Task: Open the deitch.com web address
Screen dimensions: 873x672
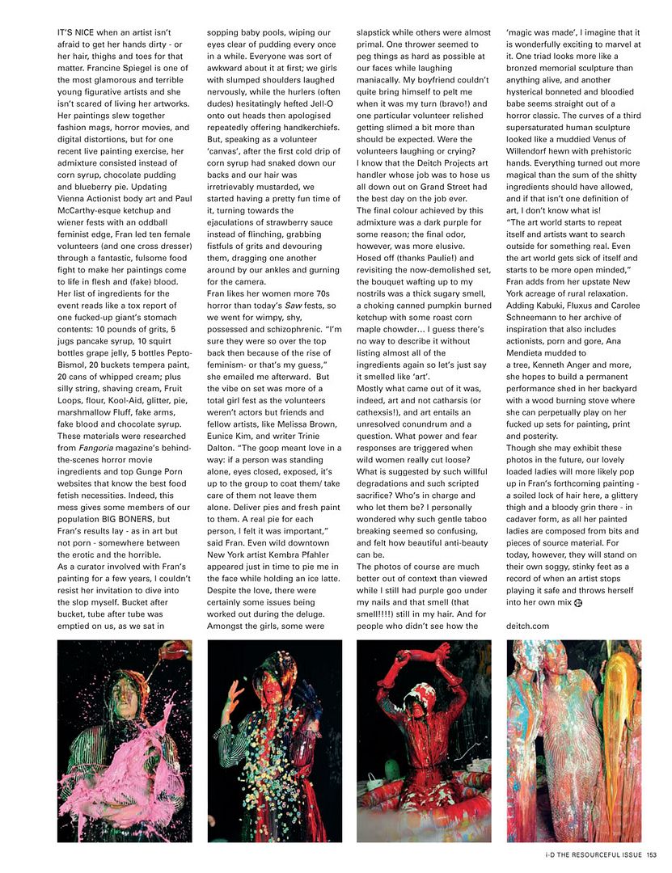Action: [x=528, y=626]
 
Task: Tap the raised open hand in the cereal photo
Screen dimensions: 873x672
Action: [x=230, y=689]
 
